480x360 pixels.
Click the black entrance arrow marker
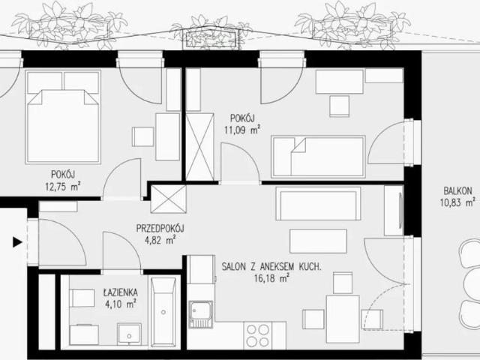[17, 242]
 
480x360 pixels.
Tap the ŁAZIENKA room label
[120, 292]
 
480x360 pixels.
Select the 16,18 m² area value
[271, 278]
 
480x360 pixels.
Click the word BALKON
[457, 191]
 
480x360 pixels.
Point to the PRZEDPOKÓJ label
[160, 228]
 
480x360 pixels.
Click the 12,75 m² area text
[63, 187]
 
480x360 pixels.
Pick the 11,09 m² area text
[242, 130]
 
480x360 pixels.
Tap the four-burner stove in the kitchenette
[257, 335]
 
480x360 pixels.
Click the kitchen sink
[200, 314]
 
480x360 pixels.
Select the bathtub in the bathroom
[164, 312]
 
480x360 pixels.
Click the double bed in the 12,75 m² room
[63, 117]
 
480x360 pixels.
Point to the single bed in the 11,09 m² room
[318, 157]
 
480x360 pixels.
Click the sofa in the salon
[318, 203]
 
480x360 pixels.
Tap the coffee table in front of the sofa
[318, 241]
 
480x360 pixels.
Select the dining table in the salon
[343, 319]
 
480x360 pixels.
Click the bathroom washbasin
[130, 334]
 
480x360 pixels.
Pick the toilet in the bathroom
[82, 298]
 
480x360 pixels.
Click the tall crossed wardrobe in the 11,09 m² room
[199, 147]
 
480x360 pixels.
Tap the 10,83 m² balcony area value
[457, 202]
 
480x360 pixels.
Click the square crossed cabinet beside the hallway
[168, 199]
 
